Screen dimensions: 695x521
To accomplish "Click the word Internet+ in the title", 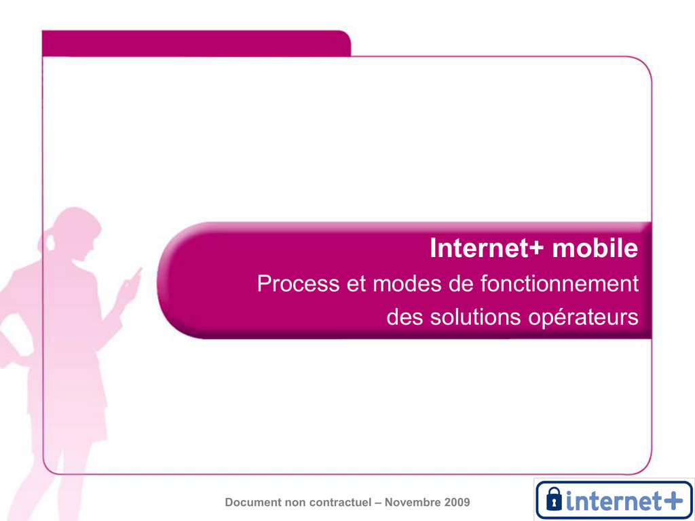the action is [x=486, y=248].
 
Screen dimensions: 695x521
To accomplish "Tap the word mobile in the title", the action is [x=595, y=248].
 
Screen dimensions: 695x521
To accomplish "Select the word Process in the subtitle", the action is [x=299, y=284].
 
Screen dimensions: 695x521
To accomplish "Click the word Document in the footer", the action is [x=253, y=503].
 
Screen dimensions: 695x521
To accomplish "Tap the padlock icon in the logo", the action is [x=554, y=499].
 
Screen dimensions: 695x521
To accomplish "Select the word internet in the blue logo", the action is [x=613, y=500].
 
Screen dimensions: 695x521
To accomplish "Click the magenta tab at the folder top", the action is [x=196, y=43].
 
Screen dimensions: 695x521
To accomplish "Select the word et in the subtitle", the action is [x=356, y=284].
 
